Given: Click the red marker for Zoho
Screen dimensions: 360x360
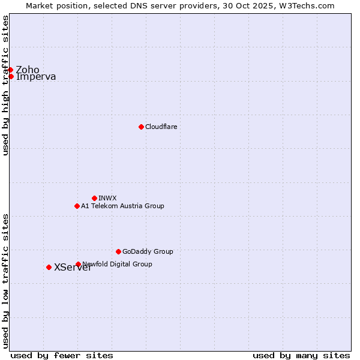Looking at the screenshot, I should [x=11, y=70].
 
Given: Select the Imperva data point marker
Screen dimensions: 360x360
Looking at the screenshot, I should [x=11, y=76].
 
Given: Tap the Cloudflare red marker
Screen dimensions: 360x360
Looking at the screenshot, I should [x=141, y=127].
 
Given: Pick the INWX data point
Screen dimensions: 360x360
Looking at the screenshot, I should [x=94, y=198].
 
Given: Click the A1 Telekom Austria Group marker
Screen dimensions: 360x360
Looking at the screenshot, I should [x=77, y=206].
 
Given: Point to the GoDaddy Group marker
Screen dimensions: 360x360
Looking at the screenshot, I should [x=118, y=251].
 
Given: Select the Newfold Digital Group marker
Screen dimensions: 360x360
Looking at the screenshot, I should [x=78, y=264].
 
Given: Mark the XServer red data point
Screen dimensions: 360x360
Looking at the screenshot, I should [x=49, y=267].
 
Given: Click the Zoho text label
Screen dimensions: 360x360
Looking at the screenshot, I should [x=28, y=70].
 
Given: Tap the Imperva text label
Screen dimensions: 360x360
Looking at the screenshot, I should [x=36, y=77].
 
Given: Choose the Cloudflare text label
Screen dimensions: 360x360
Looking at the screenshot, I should [x=161, y=127].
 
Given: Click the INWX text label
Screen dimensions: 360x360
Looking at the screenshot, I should [x=107, y=198].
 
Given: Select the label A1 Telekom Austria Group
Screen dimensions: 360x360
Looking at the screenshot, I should [x=122, y=206].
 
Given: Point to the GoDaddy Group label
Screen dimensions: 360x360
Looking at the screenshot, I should [x=148, y=251].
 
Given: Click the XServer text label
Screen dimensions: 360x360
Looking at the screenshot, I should [x=73, y=268].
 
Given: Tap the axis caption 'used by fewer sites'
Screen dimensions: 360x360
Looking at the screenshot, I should [x=62, y=355].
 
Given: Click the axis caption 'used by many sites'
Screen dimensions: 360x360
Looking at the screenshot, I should [x=301, y=355].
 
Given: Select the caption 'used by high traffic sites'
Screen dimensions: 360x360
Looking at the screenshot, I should [x=6, y=85].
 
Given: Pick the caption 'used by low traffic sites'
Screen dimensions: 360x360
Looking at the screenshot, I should [x=6, y=280].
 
